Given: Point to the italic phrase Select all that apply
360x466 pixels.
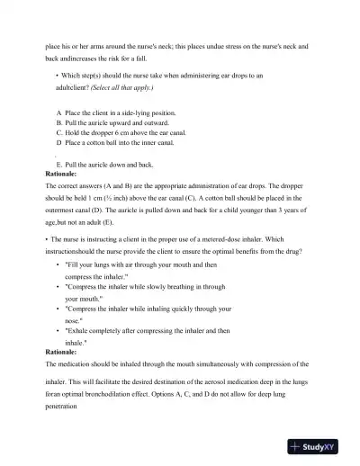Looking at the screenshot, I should click(126, 88).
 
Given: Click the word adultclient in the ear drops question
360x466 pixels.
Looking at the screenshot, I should click(76, 88).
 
